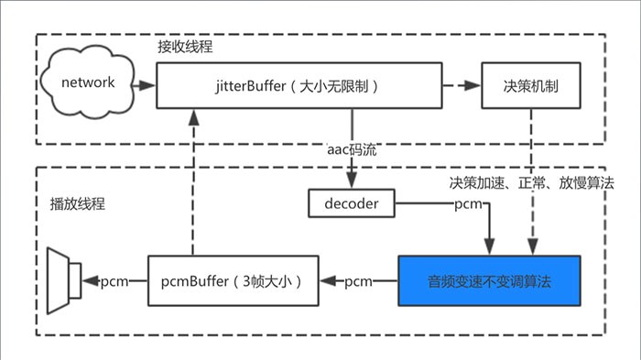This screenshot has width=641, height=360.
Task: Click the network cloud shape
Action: point(88,83)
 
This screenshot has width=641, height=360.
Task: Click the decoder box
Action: point(353,202)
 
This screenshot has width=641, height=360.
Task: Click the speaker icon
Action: point(66,277)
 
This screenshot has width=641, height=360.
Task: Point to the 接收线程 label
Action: point(186,45)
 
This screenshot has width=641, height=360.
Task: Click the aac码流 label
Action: point(353,147)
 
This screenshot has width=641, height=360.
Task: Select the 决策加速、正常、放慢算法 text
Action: point(531,182)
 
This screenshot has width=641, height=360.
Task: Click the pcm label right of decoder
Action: point(469,202)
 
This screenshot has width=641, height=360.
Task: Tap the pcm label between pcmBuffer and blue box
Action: point(358,280)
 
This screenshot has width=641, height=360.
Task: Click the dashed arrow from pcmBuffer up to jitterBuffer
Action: point(192,183)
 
